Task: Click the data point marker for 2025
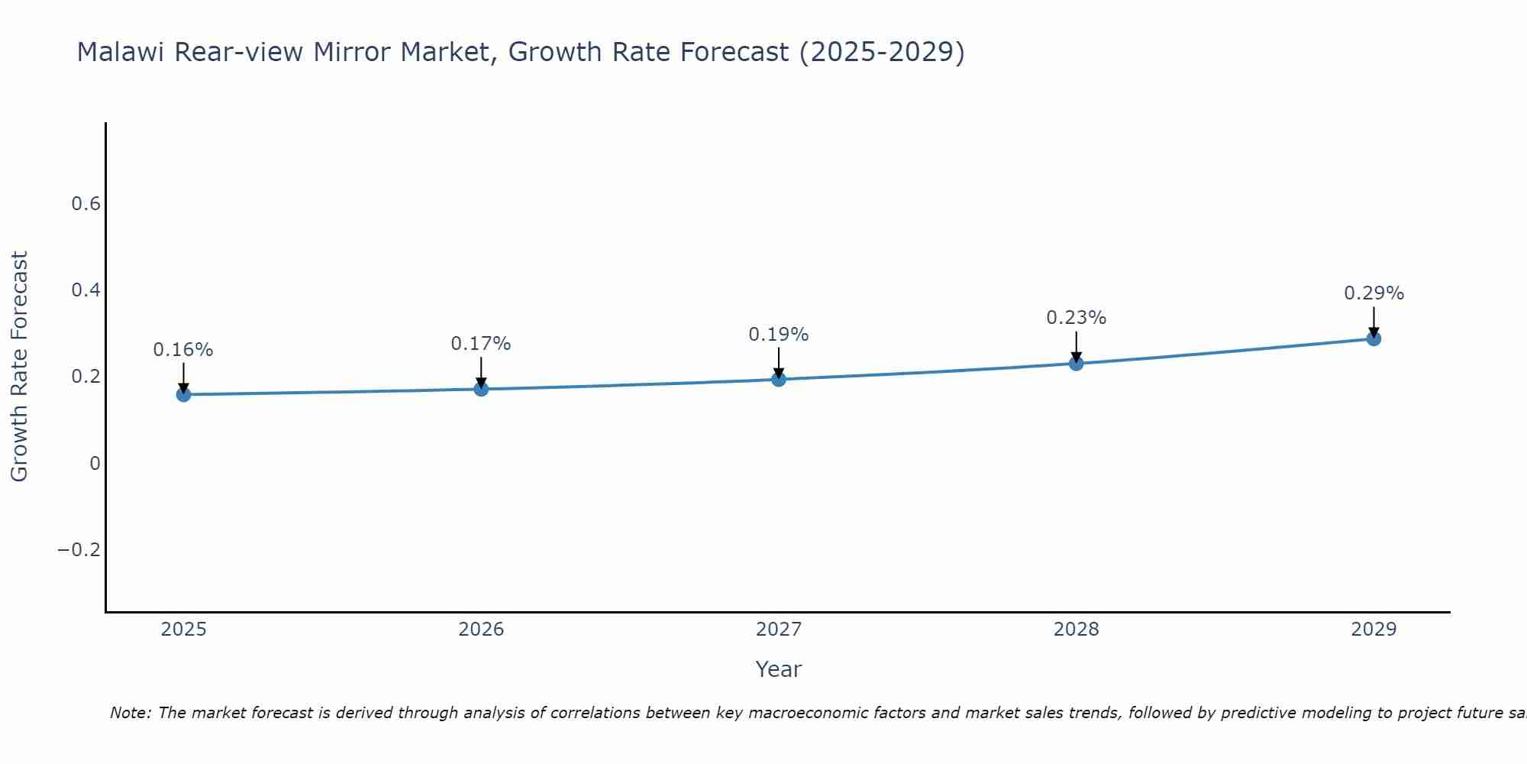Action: tap(183, 394)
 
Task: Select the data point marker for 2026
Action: tap(481, 389)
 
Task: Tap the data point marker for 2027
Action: tap(779, 379)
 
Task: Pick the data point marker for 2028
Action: tap(1076, 363)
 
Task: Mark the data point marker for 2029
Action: tap(1374, 338)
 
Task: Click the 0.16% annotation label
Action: tap(183, 350)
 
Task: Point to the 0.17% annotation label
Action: tap(481, 344)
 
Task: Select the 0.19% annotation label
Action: tap(779, 335)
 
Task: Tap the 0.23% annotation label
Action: tap(1076, 318)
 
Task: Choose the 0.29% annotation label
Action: tap(1374, 293)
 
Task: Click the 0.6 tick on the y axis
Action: tap(86, 204)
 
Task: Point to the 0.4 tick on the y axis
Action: tap(86, 290)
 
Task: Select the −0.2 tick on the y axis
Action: tap(79, 550)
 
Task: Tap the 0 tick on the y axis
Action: tap(95, 464)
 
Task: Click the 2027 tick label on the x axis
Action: tap(779, 630)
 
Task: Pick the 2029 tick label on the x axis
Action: tap(1374, 630)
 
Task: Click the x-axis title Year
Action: tap(779, 669)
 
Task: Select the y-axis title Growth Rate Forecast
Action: tap(20, 367)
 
